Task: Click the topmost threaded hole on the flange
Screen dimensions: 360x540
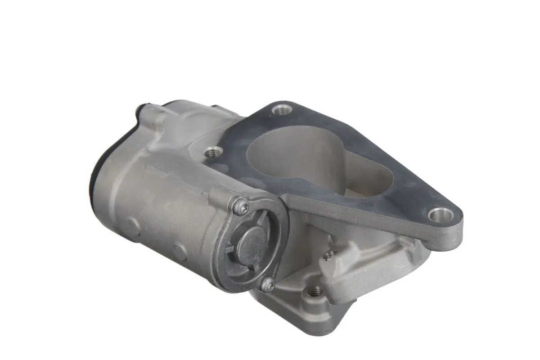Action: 282,109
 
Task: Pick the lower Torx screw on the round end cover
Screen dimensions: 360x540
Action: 268,283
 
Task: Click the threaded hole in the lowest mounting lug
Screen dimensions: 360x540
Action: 315,291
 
